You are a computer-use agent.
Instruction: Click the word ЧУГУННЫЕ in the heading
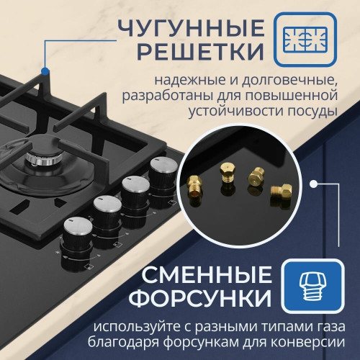point(192,28)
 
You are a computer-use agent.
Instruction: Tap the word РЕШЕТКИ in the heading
point(201,51)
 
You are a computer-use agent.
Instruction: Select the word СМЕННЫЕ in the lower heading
point(207,275)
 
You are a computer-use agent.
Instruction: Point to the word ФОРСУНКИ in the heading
point(200,298)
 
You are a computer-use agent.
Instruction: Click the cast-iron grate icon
point(305,40)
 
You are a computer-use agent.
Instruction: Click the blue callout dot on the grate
point(45,71)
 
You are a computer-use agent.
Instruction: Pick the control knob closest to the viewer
point(77,243)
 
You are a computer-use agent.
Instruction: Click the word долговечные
point(289,81)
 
